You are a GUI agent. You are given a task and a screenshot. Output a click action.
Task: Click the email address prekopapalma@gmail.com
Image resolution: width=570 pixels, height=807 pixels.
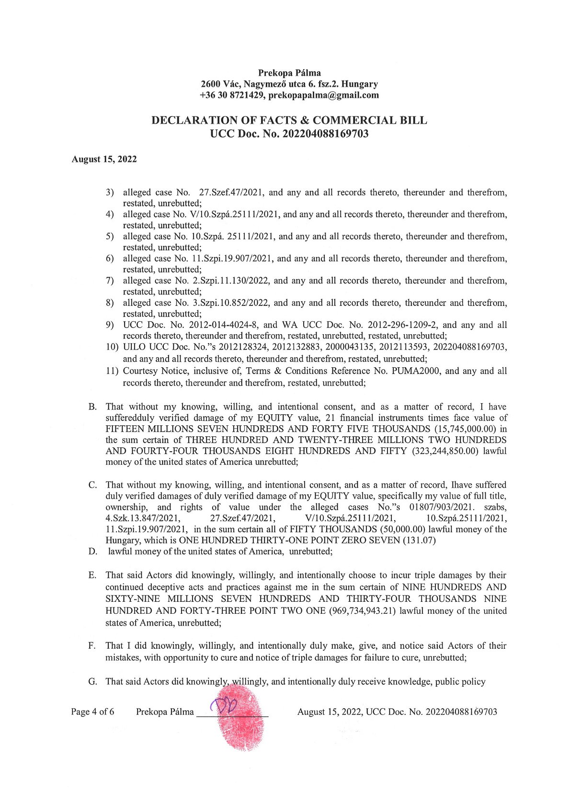coord(323,95)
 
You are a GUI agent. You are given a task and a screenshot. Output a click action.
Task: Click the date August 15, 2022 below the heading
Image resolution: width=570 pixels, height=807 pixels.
coord(104,159)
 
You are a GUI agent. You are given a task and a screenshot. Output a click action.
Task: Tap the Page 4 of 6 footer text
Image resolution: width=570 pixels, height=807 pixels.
coord(92,712)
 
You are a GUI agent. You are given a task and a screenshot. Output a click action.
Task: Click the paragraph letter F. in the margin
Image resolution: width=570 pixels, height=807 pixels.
coord(92,646)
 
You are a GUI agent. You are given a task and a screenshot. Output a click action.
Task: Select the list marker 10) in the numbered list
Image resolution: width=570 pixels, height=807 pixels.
coord(112,347)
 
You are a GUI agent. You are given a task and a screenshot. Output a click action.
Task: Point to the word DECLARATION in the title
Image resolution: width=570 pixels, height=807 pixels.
coord(194,120)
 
